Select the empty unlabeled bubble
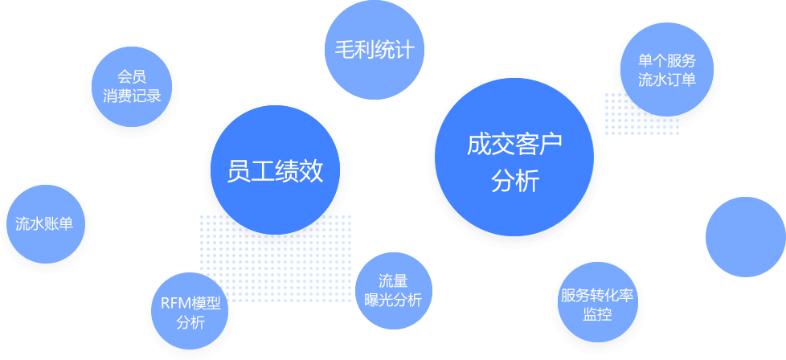pyautogui.click(x=745, y=236)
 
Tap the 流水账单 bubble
pyautogui.click(x=45, y=224)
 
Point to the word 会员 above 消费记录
pyautogui.click(x=132, y=78)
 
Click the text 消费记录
pyautogui.click(x=132, y=96)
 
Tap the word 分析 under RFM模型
pyautogui.click(x=190, y=323)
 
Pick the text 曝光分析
pyautogui.click(x=393, y=301)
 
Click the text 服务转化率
pyautogui.click(x=597, y=295)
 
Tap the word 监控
pyautogui.click(x=597, y=314)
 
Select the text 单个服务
pyautogui.click(x=666, y=61)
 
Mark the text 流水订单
pyautogui.click(x=666, y=80)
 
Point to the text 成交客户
pyautogui.click(x=514, y=145)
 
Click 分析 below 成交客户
pyautogui.click(x=514, y=182)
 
